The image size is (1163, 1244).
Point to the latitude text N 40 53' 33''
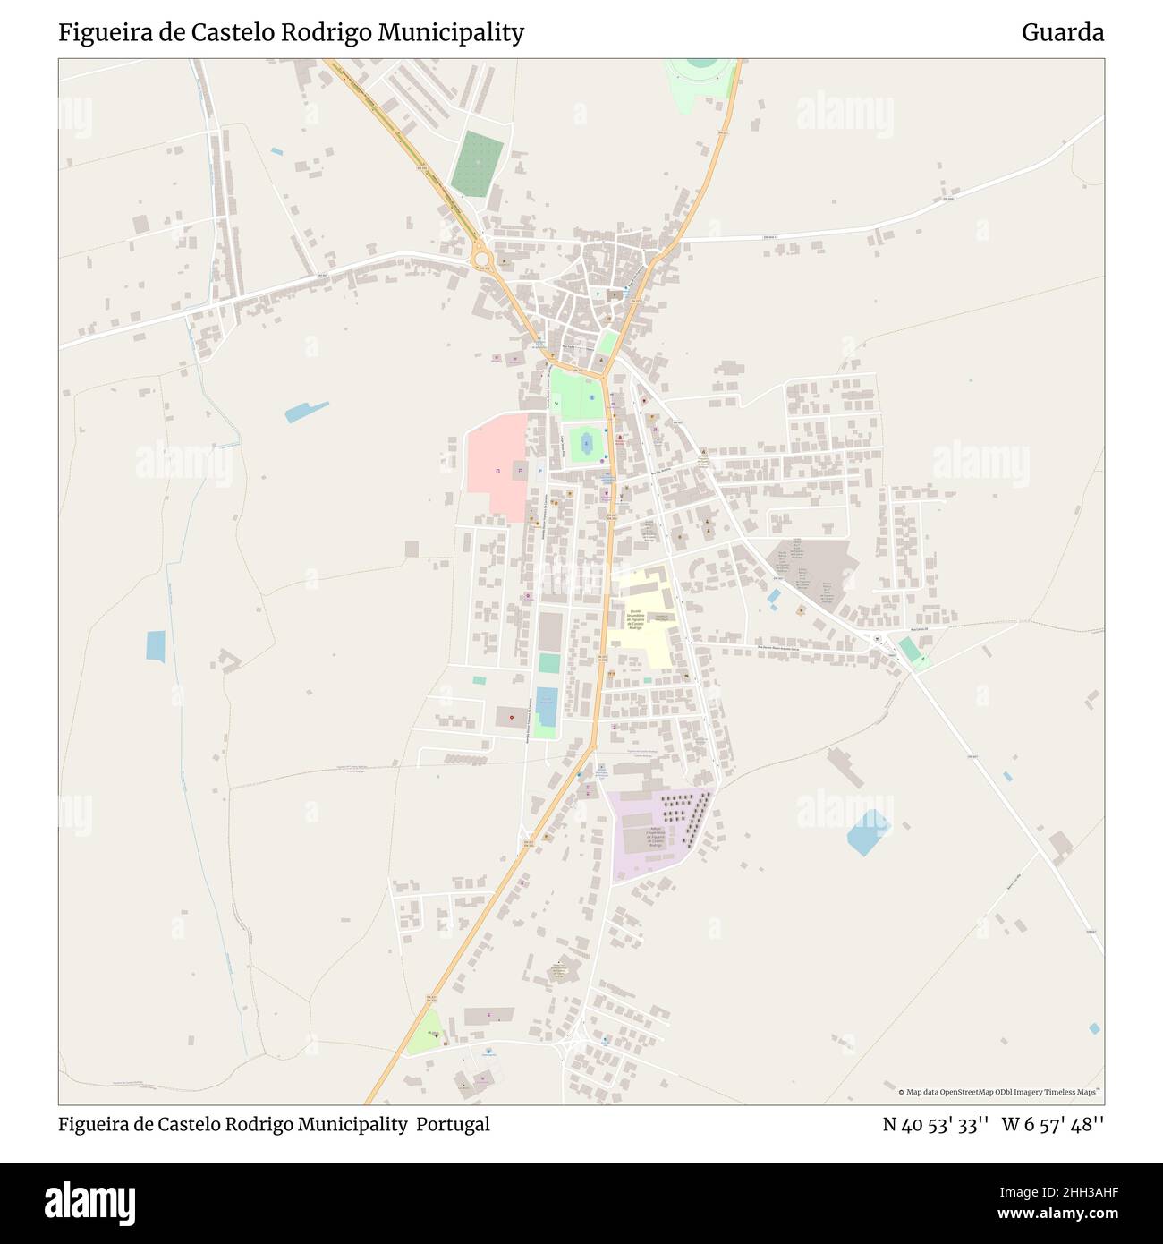click(x=935, y=1125)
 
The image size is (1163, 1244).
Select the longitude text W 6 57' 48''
click(x=1053, y=1125)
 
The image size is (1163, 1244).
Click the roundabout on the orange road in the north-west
click(x=483, y=258)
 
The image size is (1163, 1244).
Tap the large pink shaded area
click(x=496, y=465)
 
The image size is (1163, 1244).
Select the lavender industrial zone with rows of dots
click(x=658, y=832)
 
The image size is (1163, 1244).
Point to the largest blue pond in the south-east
click(x=868, y=832)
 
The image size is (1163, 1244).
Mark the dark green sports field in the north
click(x=479, y=164)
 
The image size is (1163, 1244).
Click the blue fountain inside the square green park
click(x=587, y=441)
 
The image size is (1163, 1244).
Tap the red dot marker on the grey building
click(x=511, y=717)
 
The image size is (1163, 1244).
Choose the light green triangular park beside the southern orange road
click(x=425, y=1032)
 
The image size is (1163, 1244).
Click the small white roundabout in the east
click(x=878, y=638)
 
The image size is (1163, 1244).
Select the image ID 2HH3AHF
click(x=1064, y=1191)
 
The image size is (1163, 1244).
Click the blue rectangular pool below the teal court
click(x=546, y=707)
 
